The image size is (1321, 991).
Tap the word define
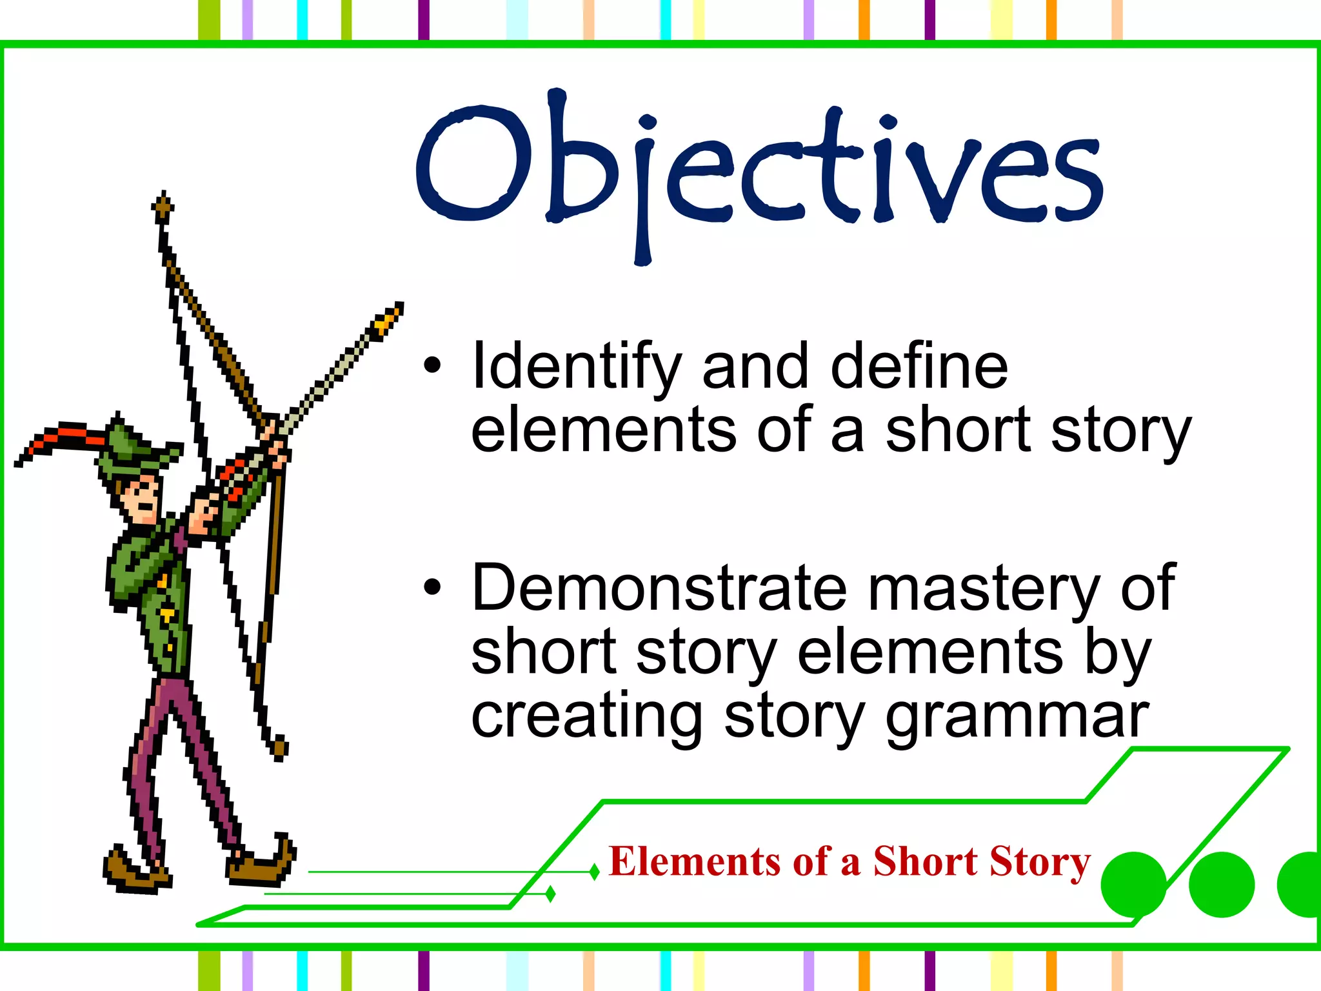[x=919, y=366]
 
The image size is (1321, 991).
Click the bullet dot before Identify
[x=432, y=366]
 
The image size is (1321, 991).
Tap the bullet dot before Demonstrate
[x=432, y=587]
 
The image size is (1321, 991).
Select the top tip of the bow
[x=163, y=204]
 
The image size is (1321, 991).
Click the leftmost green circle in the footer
[x=1133, y=884]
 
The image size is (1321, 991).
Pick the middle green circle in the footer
[x=1221, y=884]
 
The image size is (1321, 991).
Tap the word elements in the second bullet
[x=928, y=653]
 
